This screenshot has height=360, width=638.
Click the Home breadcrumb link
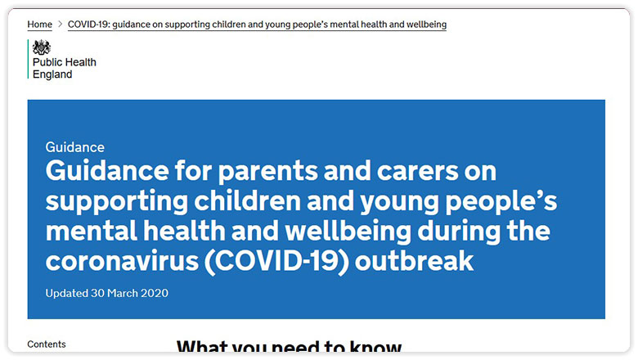coord(39,25)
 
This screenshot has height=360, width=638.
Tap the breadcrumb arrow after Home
coord(60,25)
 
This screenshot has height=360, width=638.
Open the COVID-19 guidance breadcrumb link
coord(257,25)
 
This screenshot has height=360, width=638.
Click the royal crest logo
coord(42,47)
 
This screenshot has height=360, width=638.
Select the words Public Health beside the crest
coord(64,63)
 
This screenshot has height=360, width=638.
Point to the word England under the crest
coord(52,74)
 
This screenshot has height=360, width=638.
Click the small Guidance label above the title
coord(75,147)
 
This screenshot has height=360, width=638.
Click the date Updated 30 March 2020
coord(107,293)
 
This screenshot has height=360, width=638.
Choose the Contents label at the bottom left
coord(47,344)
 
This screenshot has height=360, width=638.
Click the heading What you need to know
coord(289,349)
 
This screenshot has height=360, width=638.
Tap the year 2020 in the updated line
coord(155,293)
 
